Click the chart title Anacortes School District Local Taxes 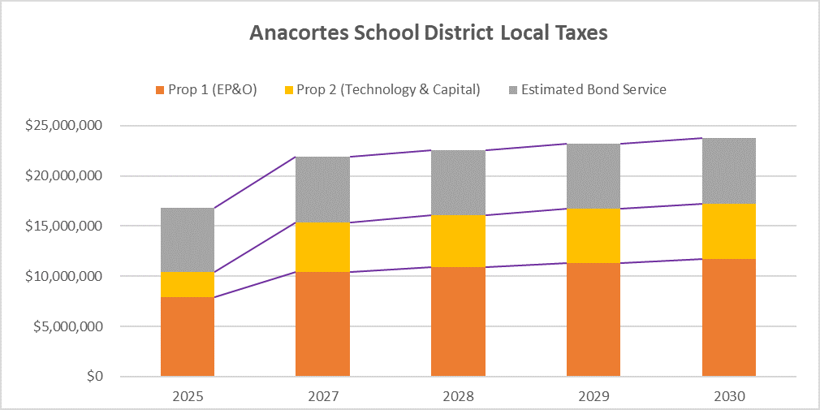point(429,33)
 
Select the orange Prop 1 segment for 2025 point(188,336)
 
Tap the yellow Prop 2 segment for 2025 point(188,284)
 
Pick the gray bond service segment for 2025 point(188,240)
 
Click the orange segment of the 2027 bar point(322,323)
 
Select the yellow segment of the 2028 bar point(458,241)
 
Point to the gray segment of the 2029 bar point(593,176)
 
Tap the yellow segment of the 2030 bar point(728,231)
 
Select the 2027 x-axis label point(322,397)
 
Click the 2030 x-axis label point(728,397)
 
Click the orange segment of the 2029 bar point(593,319)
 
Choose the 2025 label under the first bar point(188,397)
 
